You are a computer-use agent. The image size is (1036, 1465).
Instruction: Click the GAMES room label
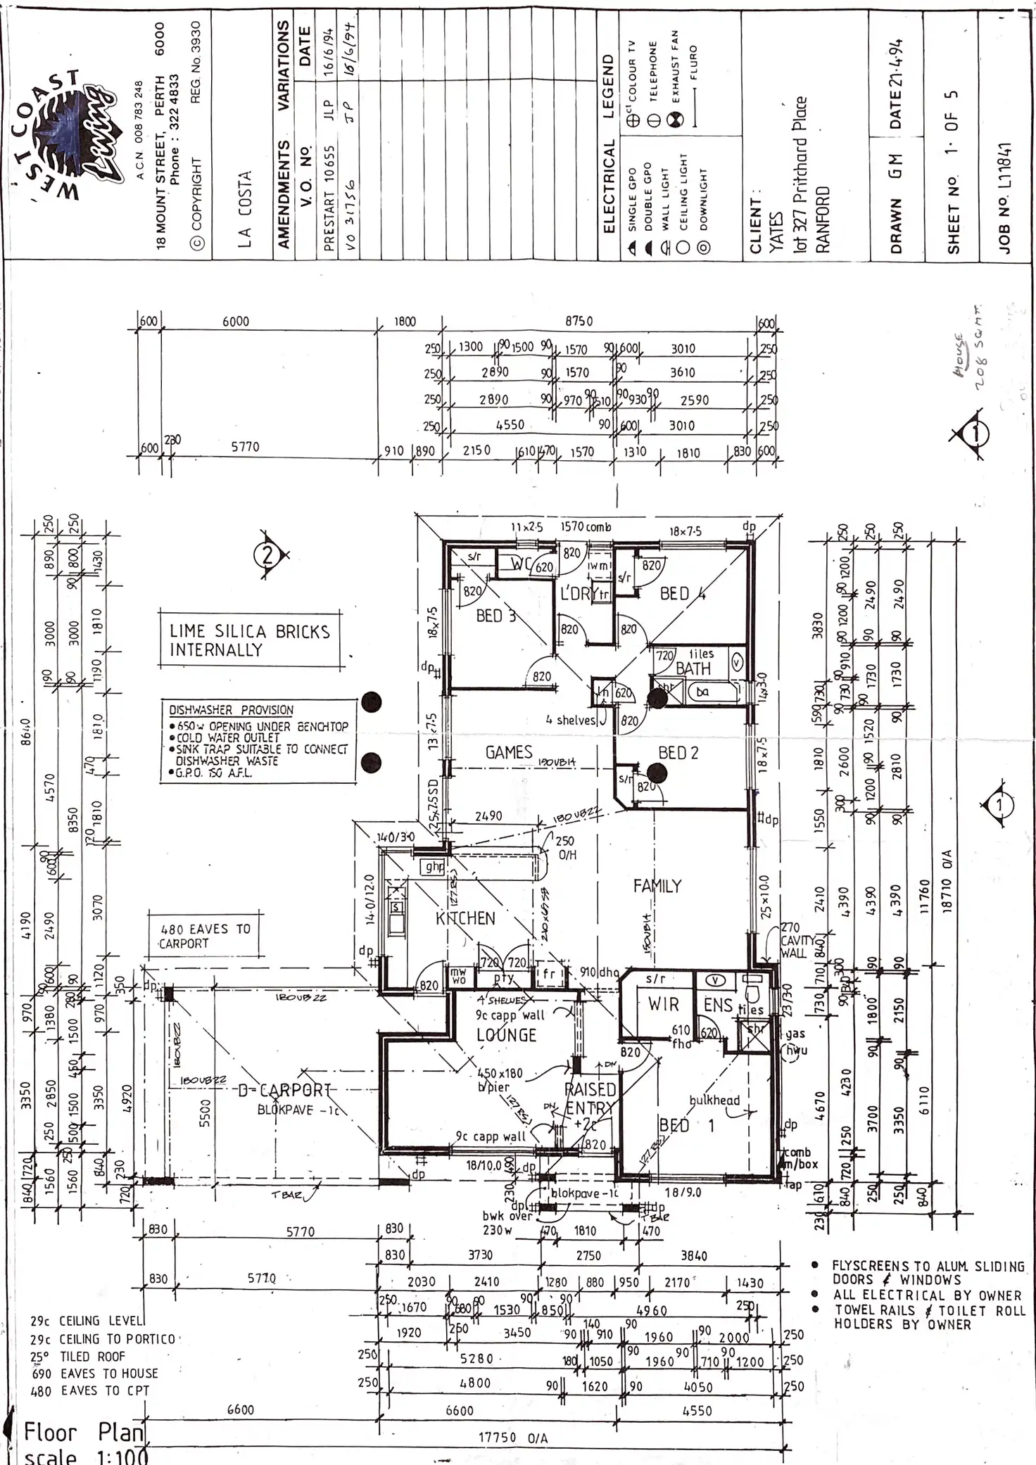coord(509,752)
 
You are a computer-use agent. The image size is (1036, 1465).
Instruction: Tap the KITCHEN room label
coord(465,918)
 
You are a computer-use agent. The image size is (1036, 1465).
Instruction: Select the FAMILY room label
coord(657,886)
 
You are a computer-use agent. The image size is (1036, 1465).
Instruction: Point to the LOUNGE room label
coord(507,1035)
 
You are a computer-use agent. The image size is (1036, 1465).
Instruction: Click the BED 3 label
coord(495,616)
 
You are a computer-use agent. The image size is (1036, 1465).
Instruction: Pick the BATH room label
coord(693,668)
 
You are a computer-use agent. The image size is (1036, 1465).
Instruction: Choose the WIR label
coord(663,1004)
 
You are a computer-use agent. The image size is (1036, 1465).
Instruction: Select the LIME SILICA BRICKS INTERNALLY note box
coord(249,640)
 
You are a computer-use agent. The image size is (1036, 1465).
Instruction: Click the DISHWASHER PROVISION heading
coord(232,710)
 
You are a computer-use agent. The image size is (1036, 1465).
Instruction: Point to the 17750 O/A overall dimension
coord(513,1438)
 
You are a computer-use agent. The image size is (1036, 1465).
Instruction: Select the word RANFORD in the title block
coord(823,219)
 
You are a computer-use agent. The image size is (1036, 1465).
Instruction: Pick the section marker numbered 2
coord(267,556)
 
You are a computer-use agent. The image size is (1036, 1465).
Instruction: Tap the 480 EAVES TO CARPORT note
coord(204,936)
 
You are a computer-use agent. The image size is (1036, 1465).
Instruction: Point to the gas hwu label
coord(796,1042)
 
